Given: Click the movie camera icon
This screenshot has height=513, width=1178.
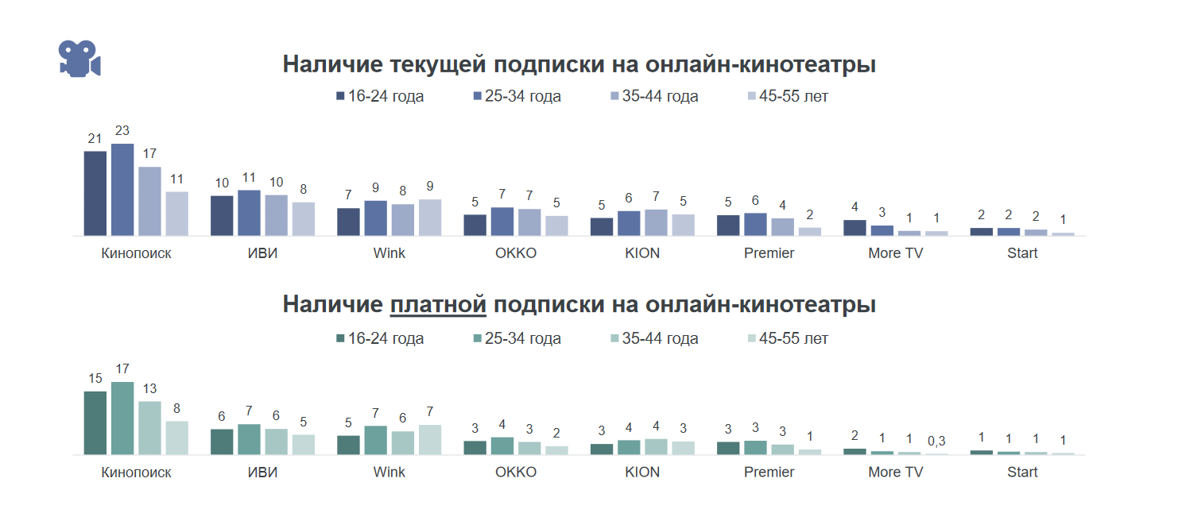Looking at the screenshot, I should [79, 59].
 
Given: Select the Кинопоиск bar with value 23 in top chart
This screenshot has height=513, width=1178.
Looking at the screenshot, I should [122, 190].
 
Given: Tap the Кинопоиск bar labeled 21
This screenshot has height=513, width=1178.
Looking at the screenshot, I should [95, 193].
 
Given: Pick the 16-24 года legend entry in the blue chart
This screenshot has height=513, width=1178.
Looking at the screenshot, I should [380, 97].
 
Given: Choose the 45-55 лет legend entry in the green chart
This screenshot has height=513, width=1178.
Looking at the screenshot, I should [788, 339].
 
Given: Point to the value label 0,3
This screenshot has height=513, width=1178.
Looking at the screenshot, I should [936, 441].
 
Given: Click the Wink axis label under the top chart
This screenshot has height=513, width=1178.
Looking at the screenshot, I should [389, 253].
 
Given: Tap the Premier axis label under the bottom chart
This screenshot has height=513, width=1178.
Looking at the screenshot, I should [769, 472].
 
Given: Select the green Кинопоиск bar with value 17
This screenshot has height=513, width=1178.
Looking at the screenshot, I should [122, 418].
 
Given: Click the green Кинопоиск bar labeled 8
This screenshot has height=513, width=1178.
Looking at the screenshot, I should [177, 438].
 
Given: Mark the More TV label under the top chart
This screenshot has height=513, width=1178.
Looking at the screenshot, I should [895, 253].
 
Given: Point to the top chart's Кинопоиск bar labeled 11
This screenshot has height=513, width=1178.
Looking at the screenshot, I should [177, 214].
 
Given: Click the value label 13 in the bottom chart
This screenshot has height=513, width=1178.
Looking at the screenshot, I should [149, 389].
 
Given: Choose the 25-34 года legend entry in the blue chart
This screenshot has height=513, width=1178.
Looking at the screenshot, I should [517, 97].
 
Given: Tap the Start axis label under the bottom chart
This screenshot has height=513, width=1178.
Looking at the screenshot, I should [1022, 472].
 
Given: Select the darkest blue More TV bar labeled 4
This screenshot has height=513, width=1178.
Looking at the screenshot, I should [854, 228].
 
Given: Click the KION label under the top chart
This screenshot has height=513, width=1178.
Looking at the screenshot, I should [642, 253].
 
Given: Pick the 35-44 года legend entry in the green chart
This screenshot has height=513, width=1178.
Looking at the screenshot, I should [654, 339].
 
